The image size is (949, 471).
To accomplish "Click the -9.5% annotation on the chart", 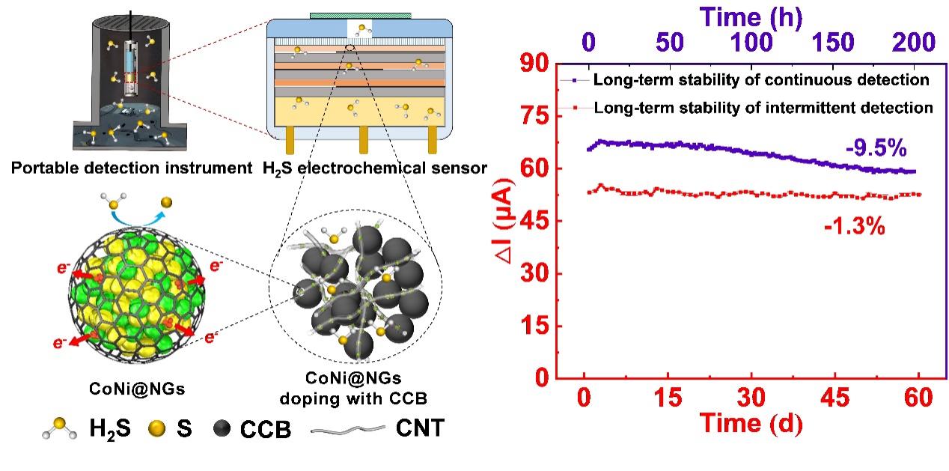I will point(874,149).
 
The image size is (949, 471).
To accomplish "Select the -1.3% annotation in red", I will point(855,225).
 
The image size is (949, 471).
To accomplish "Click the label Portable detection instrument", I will point(131,168).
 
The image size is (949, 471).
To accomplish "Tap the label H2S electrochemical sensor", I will point(374,168).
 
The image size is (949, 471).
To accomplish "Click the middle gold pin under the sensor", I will point(363,139).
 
